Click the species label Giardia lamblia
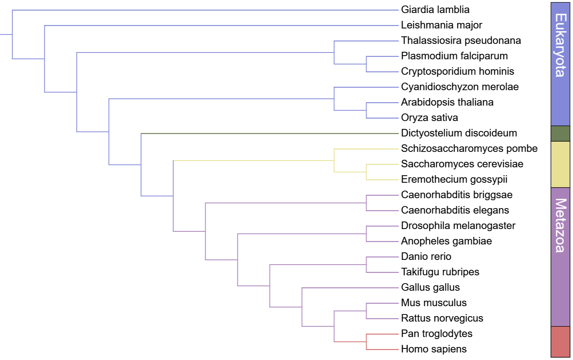pyautogui.click(x=435, y=10)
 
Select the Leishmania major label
pyautogui.click(x=441, y=25)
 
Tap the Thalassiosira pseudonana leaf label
pyautogui.click(x=461, y=40)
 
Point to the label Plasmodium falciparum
pyautogui.click(x=454, y=56)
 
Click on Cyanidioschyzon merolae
pyautogui.click(x=460, y=87)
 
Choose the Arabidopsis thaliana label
pyautogui.click(x=447, y=102)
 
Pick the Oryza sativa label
pyautogui.click(x=429, y=118)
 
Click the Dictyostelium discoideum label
pyautogui.click(x=459, y=133)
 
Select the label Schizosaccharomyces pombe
pyautogui.click(x=469, y=148)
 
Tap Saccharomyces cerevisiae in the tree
pyautogui.click(x=462, y=164)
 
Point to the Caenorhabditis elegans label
pyautogui.click(x=455, y=210)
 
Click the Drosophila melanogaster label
pyautogui.click(x=458, y=226)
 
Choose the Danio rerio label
pyautogui.click(x=426, y=256)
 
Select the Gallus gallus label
pyautogui.click(x=430, y=287)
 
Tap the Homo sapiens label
pyautogui.click(x=434, y=349)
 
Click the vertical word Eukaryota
pyautogui.click(x=560, y=45)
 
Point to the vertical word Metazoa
pyautogui.click(x=560, y=225)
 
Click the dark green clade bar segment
pyautogui.click(x=560, y=134)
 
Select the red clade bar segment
pyautogui.click(x=560, y=342)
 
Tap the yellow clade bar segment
pyautogui.click(x=560, y=165)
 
